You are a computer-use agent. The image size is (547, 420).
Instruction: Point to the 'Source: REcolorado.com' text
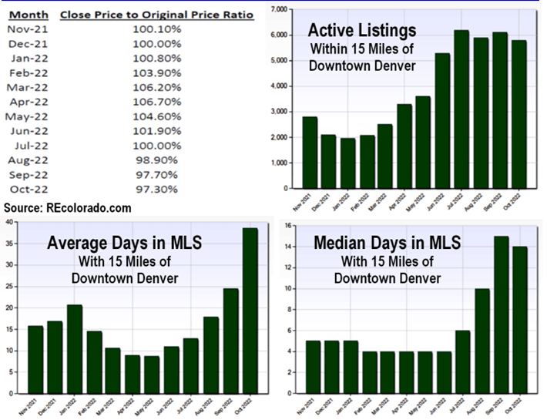click(x=67, y=209)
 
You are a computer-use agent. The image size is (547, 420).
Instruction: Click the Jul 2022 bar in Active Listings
click(x=461, y=109)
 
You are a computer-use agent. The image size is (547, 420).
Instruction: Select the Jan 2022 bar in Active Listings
click(x=349, y=163)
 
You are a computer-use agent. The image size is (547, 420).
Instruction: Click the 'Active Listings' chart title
click(x=361, y=32)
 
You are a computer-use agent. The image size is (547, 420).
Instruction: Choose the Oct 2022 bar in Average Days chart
click(x=251, y=312)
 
